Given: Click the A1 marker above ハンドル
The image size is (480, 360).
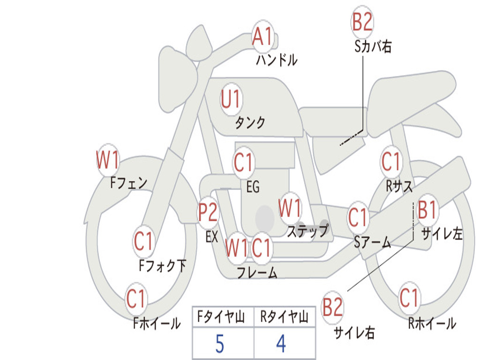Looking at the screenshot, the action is coord(262,37).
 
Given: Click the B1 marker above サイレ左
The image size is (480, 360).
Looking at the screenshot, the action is coord(427,210).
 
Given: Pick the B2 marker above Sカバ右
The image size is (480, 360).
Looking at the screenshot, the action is coord(362,22).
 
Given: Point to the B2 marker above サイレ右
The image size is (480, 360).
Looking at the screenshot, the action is coord(333,307).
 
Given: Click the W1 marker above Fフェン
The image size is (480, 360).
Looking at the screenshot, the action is coord(108,161).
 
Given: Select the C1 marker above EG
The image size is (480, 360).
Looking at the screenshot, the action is coord(243,163).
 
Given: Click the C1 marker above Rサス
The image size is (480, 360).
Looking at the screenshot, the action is coord(390,162).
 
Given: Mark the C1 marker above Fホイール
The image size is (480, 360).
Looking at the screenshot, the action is coord(136,299).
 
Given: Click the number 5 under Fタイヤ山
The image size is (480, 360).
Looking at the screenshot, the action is coord(219,344).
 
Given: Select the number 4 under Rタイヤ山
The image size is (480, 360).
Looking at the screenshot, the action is coord(281,344).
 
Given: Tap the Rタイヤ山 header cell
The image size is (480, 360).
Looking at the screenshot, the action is coord(284,318).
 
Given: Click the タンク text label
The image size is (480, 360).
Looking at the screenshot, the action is coord(250,123).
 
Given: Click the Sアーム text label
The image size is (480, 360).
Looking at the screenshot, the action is coord(372,242).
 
